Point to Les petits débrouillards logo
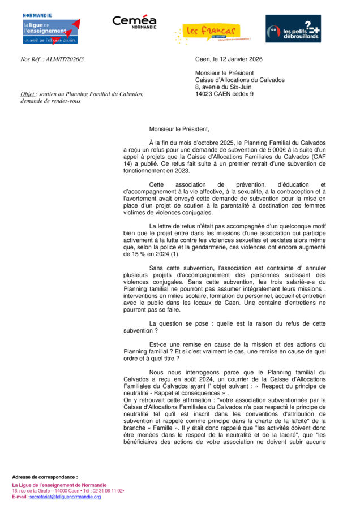293,29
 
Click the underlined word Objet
28,94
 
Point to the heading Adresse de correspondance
45,477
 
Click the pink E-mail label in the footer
19,497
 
